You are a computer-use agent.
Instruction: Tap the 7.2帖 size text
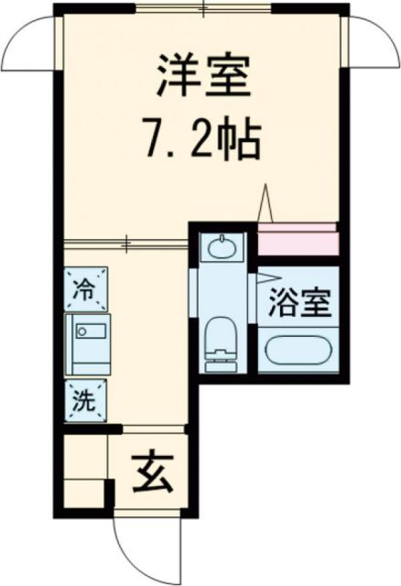pos(200,140)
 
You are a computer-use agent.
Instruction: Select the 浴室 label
pos(298,304)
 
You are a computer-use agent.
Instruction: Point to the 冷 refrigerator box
pos(85,289)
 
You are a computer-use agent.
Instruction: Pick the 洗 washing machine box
pos(85,400)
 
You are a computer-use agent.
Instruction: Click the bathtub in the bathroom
pos(298,352)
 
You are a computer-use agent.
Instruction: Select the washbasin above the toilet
pos(220,247)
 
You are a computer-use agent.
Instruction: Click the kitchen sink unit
pos(88,342)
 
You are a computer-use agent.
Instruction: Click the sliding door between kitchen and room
pos(126,243)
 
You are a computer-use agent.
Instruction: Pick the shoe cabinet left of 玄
pos(85,472)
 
